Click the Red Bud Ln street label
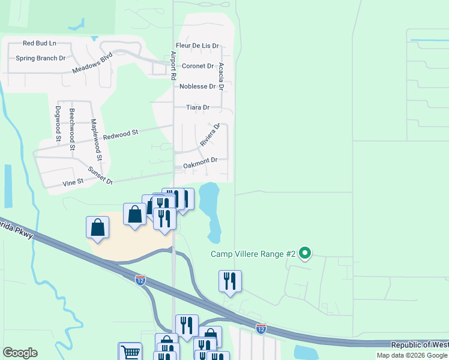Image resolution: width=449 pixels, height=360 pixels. click(x=39, y=43)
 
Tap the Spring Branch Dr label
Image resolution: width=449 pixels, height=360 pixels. click(x=41, y=58)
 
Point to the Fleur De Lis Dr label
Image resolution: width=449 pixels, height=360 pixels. click(x=197, y=46)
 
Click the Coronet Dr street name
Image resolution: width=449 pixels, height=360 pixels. click(x=197, y=66)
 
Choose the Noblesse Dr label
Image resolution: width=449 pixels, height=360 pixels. click(x=197, y=86)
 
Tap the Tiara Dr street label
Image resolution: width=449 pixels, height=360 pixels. click(x=197, y=107)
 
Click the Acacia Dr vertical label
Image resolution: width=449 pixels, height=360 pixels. click(x=221, y=76)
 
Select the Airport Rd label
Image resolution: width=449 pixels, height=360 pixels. click(x=173, y=66)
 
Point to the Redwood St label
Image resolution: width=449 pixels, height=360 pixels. click(x=121, y=134)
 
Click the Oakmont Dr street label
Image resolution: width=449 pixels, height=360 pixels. click(x=196, y=160)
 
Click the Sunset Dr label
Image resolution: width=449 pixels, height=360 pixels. click(x=101, y=175)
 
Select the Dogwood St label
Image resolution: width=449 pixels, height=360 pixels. click(x=58, y=124)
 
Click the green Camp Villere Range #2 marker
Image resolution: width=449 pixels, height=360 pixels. click(x=305, y=254)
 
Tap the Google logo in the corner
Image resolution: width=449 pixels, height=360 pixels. click(x=20, y=353)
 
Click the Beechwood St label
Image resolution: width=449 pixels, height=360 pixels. click(x=72, y=129)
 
